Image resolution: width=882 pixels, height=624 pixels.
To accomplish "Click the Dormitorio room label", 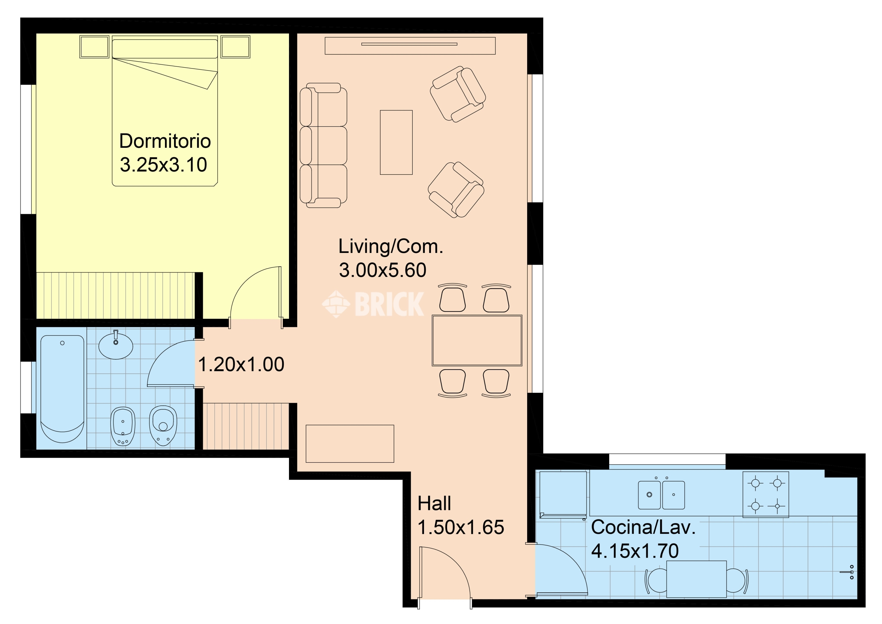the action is pyautogui.click(x=165, y=141).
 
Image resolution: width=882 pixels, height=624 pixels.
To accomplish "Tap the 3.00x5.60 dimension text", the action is pyautogui.click(x=382, y=270).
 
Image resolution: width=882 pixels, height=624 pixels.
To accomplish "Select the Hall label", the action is pyautogui.click(x=434, y=503).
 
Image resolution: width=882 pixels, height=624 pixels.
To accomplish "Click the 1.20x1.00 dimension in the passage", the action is pyautogui.click(x=241, y=364).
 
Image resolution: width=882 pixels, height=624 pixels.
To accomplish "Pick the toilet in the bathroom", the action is pyautogui.click(x=163, y=425).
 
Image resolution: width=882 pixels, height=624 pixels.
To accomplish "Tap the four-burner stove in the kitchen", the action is pyautogui.click(x=766, y=494).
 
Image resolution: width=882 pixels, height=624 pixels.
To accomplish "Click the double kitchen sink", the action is pyautogui.click(x=661, y=495).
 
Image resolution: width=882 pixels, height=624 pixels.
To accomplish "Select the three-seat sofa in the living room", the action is pyautogui.click(x=323, y=145).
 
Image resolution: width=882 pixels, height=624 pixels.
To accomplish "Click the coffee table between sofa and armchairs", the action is pyautogui.click(x=396, y=142).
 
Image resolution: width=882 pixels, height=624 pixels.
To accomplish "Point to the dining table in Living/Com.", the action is pyautogui.click(x=477, y=340).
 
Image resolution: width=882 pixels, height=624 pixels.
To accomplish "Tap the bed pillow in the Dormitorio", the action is pyautogui.click(x=165, y=49).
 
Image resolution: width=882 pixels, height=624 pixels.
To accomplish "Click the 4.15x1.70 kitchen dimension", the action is pyautogui.click(x=635, y=551).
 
